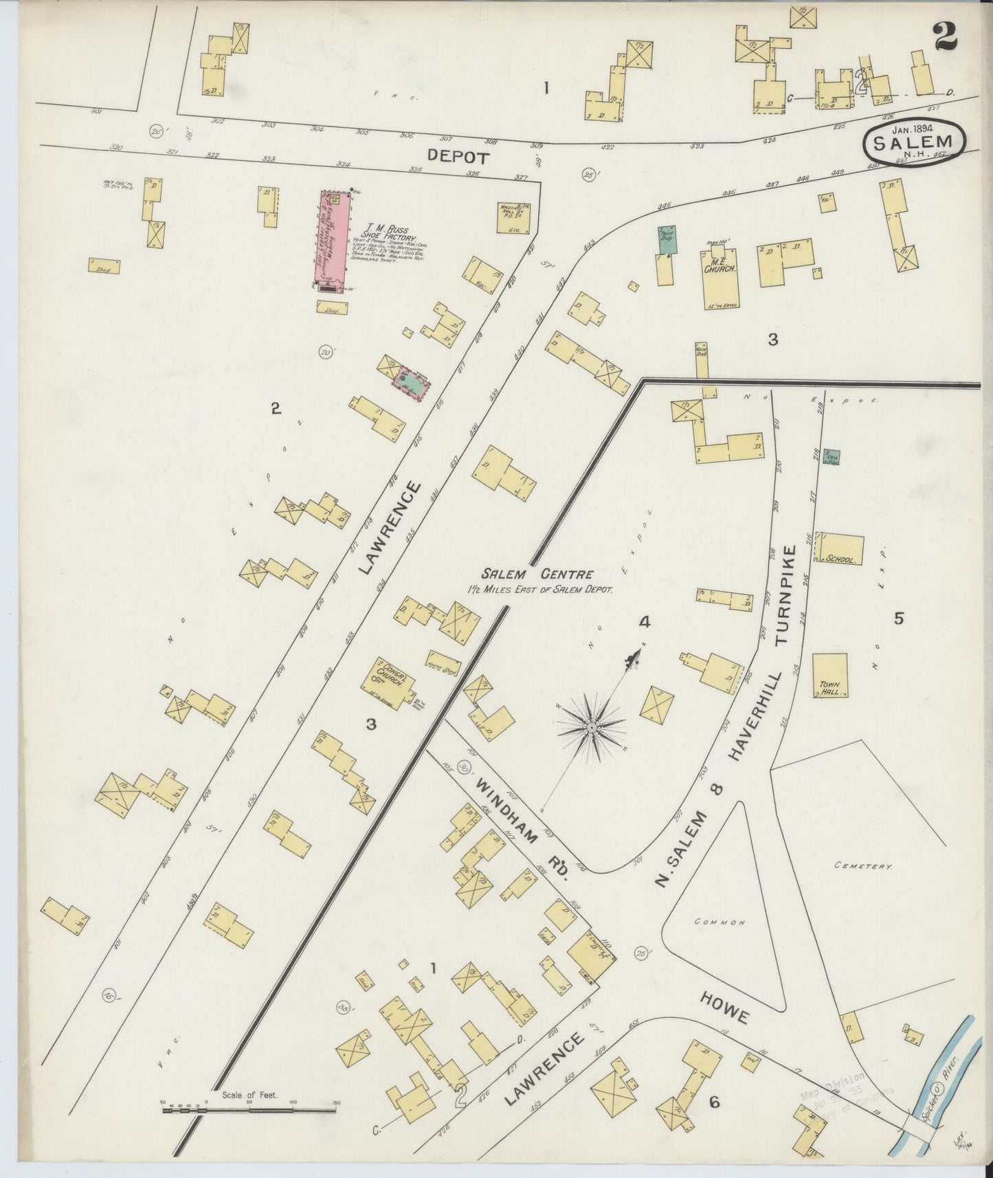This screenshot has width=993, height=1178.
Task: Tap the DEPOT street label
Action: point(458,157)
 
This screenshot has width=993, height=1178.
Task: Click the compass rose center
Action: point(591,726)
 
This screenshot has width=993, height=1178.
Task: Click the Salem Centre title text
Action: point(537,575)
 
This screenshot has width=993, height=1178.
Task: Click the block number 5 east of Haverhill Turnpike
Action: point(898,619)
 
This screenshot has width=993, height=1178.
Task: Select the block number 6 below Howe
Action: point(715,1102)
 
